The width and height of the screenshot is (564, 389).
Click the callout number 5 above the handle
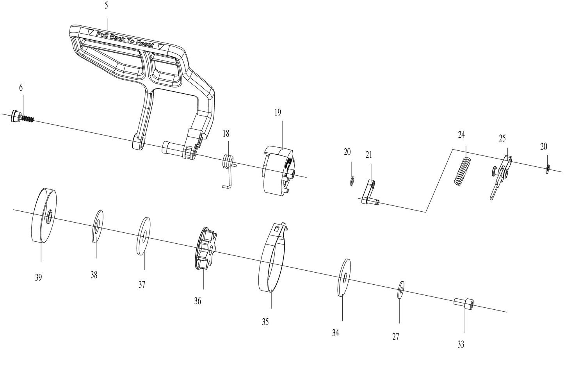tap(106, 6)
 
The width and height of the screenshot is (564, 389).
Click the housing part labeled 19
tap(278, 170)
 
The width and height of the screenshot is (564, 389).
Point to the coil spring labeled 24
tap(463, 171)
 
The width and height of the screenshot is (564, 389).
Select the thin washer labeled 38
tap(97, 226)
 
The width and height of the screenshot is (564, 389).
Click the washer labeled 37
tap(144, 236)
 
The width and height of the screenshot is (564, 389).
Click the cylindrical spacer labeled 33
tap(463, 303)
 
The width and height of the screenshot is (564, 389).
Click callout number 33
tap(461, 344)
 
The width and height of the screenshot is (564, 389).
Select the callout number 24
tap(462, 135)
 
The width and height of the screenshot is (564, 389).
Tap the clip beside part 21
tap(351, 180)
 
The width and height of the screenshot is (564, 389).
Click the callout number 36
tap(198, 301)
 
